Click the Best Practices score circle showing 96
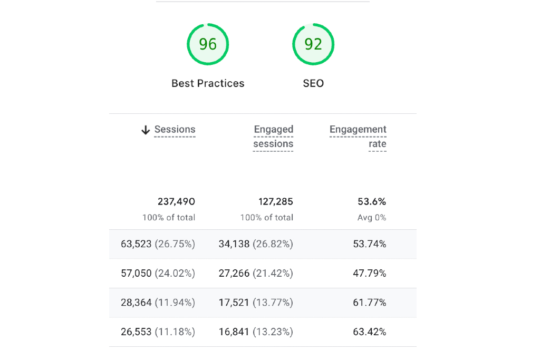[208, 44]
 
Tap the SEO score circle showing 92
[313, 44]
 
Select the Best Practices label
[208, 83]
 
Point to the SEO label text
[313, 83]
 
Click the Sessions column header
[175, 130]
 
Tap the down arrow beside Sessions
[146, 130]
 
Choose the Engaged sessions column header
[273, 137]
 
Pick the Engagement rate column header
[358, 137]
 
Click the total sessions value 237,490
[176, 201]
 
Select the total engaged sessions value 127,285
[275, 201]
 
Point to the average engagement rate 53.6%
[372, 201]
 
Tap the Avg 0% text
[372, 217]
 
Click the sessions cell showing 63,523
[158, 244]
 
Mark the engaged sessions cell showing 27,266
[256, 273]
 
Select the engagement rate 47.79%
[369, 273]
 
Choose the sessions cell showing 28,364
[158, 303]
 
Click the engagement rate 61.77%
[369, 303]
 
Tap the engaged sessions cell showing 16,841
[256, 332]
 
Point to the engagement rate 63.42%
[369, 332]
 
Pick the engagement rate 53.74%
[369, 244]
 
